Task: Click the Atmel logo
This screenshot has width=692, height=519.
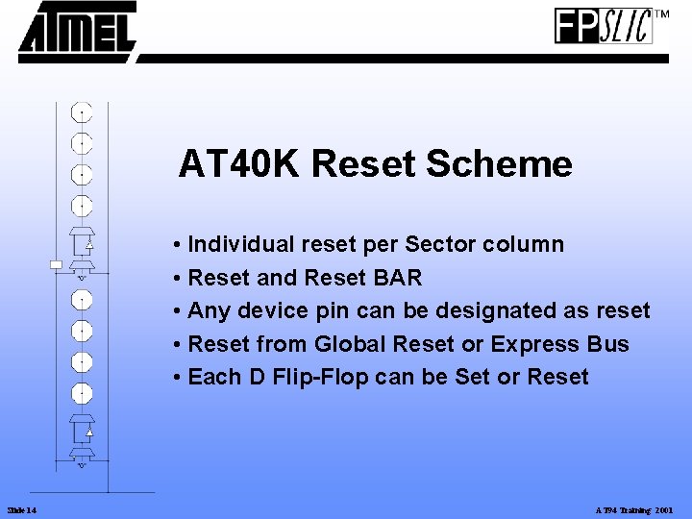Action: pyautogui.click(x=77, y=32)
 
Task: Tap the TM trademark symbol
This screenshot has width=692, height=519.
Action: pyautogui.click(x=661, y=14)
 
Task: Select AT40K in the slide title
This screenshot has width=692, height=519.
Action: pyautogui.click(x=239, y=164)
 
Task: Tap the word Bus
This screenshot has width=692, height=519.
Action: pyautogui.click(x=608, y=344)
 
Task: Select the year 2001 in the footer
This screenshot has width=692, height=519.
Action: pyautogui.click(x=664, y=508)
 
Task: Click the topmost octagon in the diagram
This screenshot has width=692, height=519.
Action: pyautogui.click(x=83, y=112)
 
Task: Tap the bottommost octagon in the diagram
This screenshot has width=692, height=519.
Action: pyautogui.click(x=83, y=393)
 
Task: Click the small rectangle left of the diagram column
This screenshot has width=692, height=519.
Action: pyautogui.click(x=56, y=263)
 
